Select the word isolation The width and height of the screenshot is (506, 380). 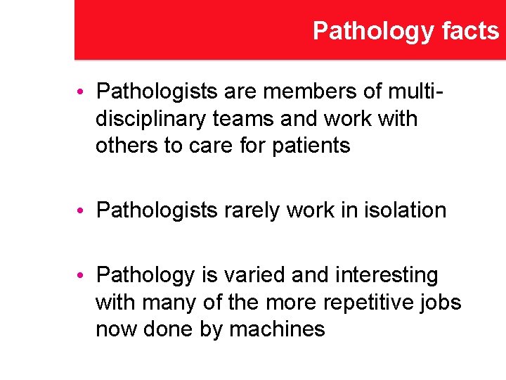click(x=404, y=210)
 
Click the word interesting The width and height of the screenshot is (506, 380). click(x=381, y=274)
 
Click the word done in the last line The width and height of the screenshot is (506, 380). click(x=164, y=329)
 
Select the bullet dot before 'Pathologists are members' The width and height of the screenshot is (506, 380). click(x=82, y=92)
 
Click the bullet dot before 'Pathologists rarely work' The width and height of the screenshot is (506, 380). click(x=82, y=210)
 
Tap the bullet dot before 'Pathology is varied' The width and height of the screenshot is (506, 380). click(x=82, y=275)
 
